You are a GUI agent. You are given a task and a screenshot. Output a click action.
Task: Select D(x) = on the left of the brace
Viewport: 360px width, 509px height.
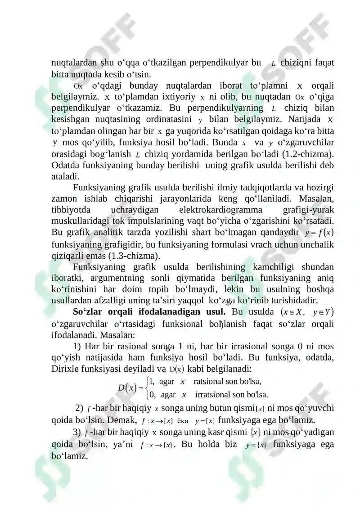130,387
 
